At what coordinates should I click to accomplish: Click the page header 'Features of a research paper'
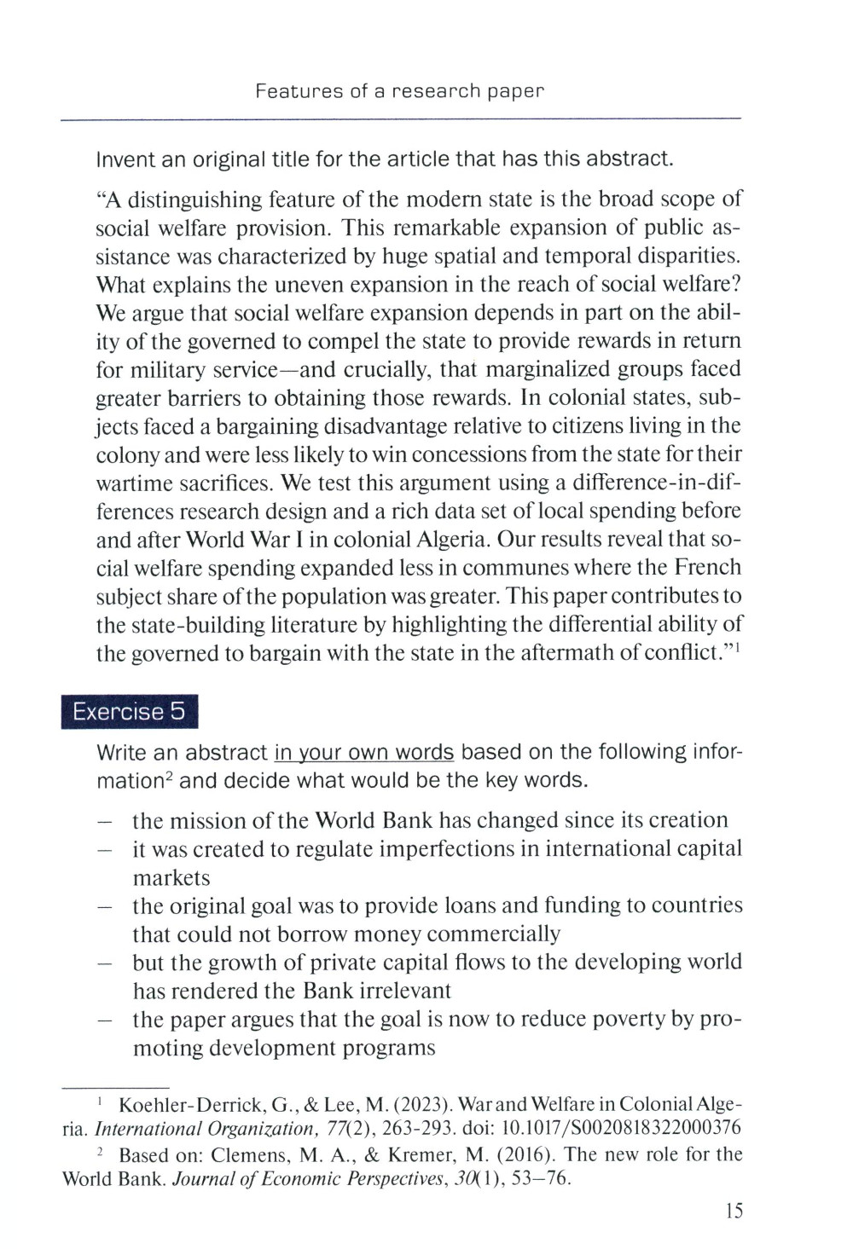(x=399, y=91)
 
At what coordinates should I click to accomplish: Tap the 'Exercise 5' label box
(x=129, y=712)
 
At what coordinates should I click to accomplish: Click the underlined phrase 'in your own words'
(x=364, y=753)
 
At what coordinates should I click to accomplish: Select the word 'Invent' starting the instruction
(x=125, y=159)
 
